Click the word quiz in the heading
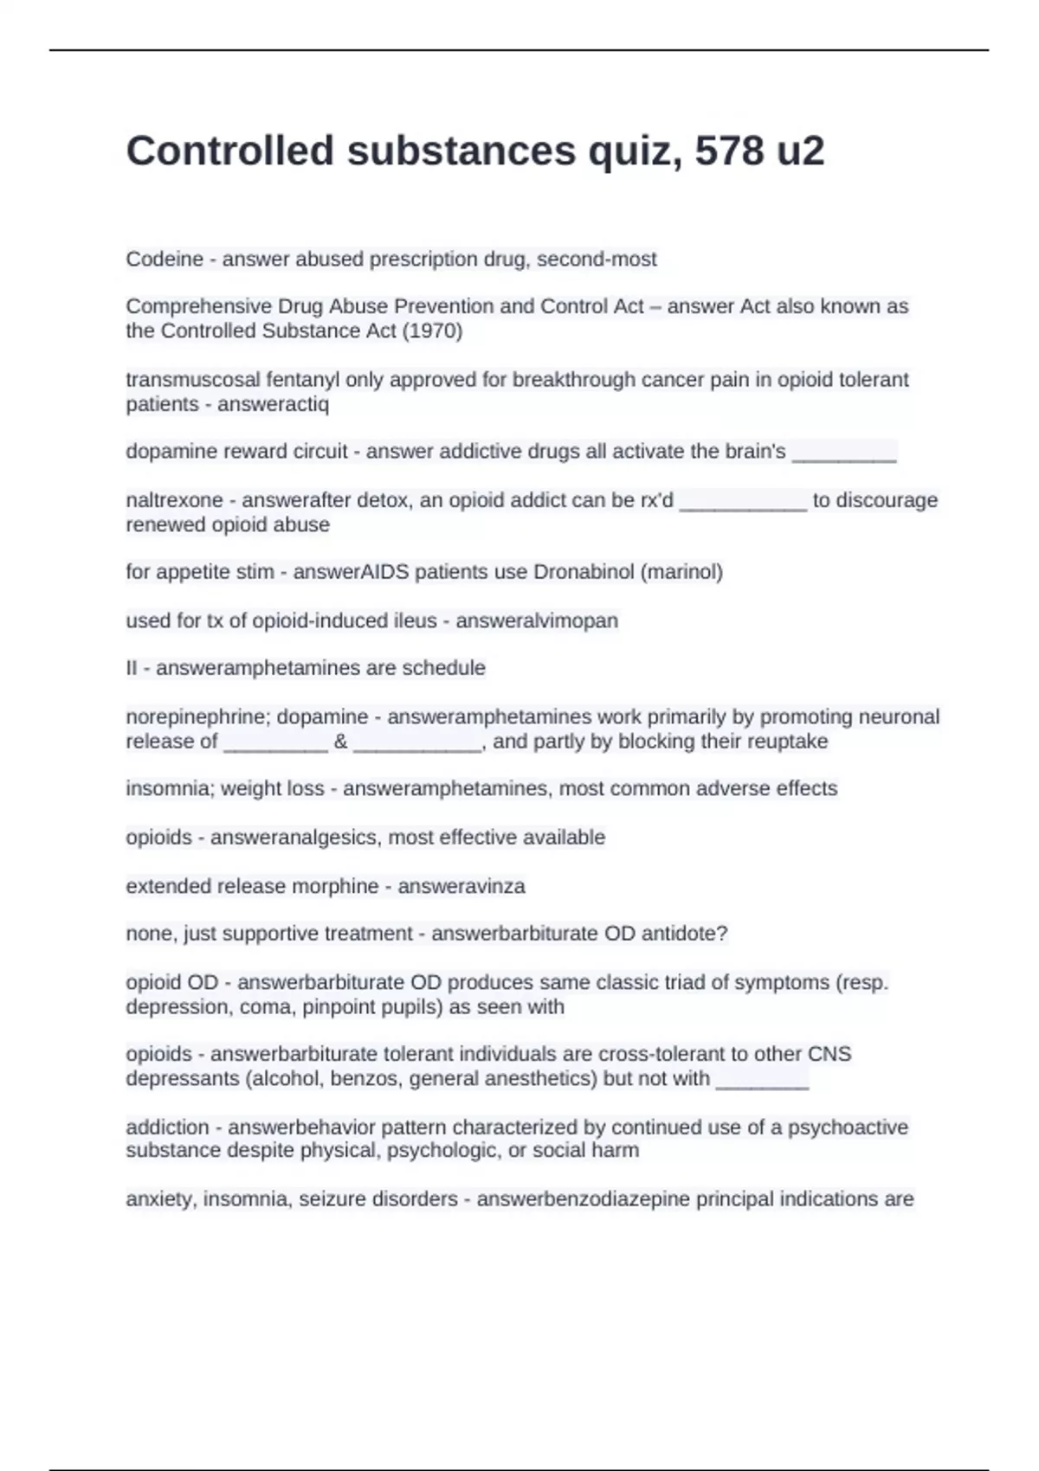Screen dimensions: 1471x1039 click(x=634, y=152)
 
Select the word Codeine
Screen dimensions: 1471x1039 click(x=165, y=259)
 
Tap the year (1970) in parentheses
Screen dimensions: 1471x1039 click(x=433, y=331)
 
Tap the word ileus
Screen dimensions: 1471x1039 click(x=413, y=620)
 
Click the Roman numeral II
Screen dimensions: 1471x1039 click(x=132, y=668)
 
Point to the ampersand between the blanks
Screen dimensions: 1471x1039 click(x=340, y=742)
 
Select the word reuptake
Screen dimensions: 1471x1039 click(x=791, y=742)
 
